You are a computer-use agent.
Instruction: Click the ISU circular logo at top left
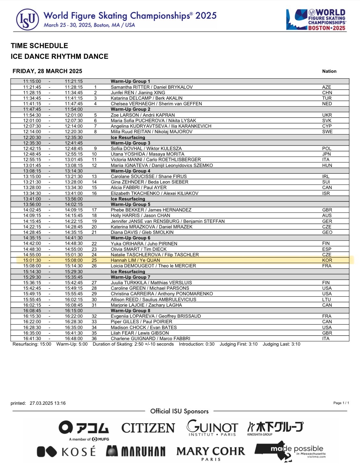[28, 20]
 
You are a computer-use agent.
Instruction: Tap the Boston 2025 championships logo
[316, 20]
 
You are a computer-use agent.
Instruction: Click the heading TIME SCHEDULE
[39, 46]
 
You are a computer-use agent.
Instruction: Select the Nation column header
[329, 71]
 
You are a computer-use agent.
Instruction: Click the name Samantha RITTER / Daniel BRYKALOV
[152, 87]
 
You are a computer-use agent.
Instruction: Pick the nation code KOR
[327, 260]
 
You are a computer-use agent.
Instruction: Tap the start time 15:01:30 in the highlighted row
[32, 260]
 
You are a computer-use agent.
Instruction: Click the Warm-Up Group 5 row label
[130, 204]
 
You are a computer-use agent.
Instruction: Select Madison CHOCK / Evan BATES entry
[144, 327]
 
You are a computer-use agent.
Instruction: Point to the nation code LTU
[327, 299]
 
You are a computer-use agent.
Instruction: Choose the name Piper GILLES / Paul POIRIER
[142, 322]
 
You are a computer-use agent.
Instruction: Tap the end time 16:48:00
[74, 338]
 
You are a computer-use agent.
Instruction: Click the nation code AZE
[327, 87]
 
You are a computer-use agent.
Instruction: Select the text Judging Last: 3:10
[281, 344]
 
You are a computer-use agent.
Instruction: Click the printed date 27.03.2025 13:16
[48, 403]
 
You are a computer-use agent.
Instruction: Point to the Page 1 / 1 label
[341, 403]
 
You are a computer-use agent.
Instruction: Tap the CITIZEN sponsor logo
[148, 428]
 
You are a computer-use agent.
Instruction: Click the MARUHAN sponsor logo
[136, 452]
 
